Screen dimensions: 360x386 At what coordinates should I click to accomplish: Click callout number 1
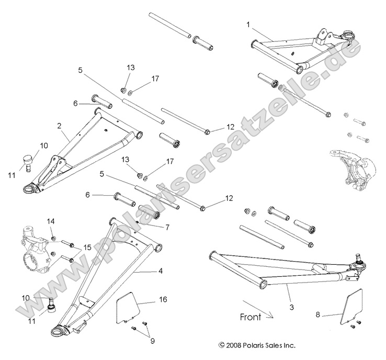[x=248, y=24]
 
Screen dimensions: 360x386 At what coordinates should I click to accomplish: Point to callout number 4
[x=161, y=271]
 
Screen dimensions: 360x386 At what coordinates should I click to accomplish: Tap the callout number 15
[x=87, y=248]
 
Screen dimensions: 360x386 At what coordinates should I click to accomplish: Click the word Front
[x=251, y=317]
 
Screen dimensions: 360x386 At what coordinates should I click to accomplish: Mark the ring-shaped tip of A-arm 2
[x=32, y=187]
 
